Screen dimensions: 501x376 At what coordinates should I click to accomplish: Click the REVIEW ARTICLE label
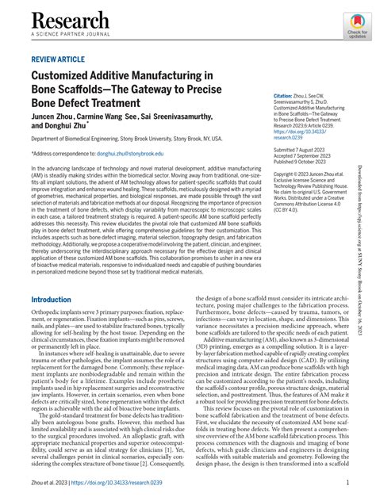point(59,59)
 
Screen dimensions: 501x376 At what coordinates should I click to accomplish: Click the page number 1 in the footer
point(348,483)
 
